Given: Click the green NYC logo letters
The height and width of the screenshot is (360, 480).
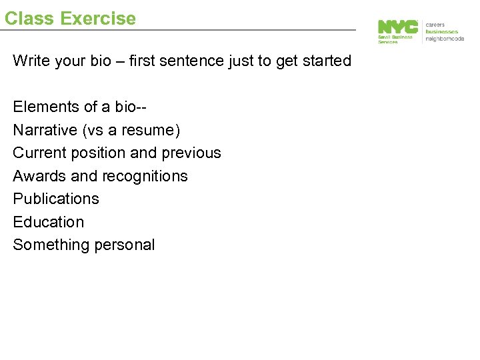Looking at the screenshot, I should tap(398, 27).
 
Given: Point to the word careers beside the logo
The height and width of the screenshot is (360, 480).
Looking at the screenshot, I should tap(436, 25).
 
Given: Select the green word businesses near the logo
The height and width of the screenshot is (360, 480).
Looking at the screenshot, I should tap(442, 31).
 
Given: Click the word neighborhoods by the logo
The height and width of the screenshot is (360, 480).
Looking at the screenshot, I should tap(445, 38).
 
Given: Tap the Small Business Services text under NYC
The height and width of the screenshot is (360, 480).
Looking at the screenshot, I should tap(395, 39).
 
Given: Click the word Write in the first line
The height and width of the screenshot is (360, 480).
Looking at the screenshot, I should tap(29, 61).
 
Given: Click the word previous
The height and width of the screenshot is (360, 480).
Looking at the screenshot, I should tap(191, 153).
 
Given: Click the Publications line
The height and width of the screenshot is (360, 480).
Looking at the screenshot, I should tap(56, 199).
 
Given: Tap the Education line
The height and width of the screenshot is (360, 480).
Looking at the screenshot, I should tap(49, 222).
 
